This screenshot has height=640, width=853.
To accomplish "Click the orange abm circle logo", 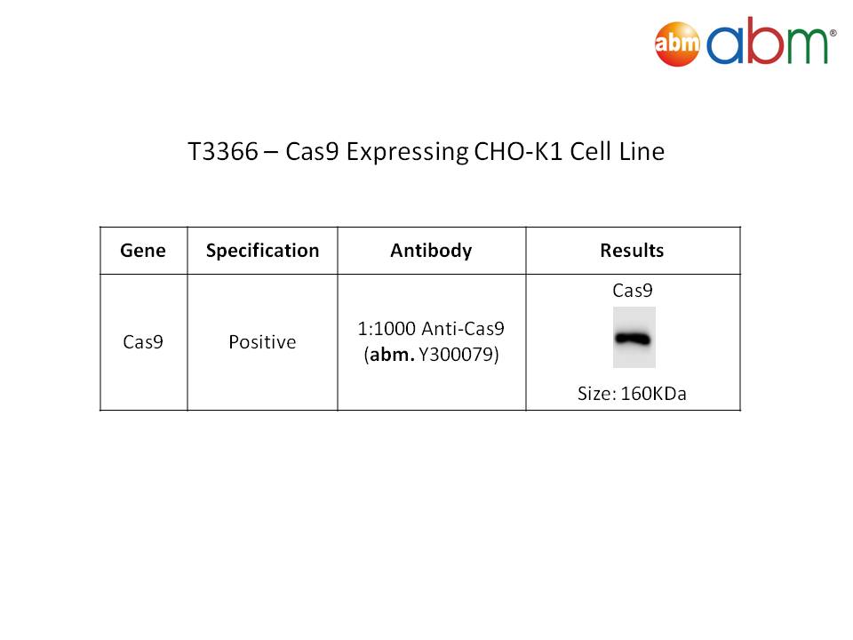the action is pos(677,44).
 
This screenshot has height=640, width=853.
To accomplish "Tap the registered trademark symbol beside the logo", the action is pos(833,33).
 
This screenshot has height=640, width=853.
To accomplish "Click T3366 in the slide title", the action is pos(222,151).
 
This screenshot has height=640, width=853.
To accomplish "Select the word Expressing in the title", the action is pos(407,152).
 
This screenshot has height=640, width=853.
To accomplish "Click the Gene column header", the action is pos(143,251).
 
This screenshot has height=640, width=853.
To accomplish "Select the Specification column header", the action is pos(262,251).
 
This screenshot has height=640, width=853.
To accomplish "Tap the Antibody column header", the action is pos(432,251).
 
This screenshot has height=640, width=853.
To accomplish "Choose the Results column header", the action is pos(632,251).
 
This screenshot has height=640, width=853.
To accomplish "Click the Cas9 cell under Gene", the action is pos(142,341).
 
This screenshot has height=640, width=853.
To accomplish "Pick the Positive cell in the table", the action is pos(262,341).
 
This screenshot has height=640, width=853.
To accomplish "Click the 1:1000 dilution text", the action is pos(387,329).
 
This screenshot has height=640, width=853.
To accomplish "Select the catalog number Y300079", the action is pos(458,355).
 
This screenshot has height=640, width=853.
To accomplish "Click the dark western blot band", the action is pos(633,339).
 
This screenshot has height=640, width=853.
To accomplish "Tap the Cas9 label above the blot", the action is pos(632,291).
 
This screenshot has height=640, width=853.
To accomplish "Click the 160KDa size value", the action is pos(653,394).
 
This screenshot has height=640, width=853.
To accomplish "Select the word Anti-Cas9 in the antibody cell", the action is pos(463,329).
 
